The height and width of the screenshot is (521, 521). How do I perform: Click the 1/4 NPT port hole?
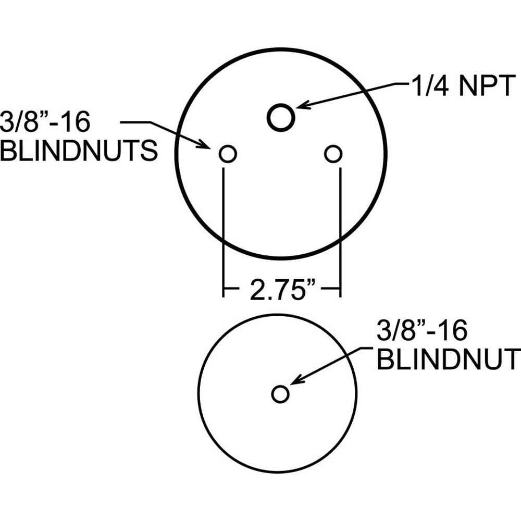pyautogui.click(x=281, y=116)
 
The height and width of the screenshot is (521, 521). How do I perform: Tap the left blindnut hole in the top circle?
pyautogui.click(x=228, y=154)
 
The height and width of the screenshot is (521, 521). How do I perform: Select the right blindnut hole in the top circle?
pyautogui.click(x=333, y=154)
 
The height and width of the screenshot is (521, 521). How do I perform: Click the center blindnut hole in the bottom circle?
pyautogui.click(x=280, y=394)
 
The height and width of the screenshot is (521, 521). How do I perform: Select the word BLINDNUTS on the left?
pyautogui.click(x=79, y=152)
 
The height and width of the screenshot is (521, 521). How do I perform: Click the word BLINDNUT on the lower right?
pyautogui.click(x=446, y=359)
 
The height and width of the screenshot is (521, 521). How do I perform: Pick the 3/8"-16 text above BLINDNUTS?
pyautogui.click(x=46, y=123)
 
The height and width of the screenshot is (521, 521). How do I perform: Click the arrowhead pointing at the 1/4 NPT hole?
pyautogui.click(x=301, y=106)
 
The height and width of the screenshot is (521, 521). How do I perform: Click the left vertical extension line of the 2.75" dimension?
pyautogui.click(x=224, y=229)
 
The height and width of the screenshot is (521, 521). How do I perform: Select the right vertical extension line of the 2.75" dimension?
pyautogui.click(x=340, y=229)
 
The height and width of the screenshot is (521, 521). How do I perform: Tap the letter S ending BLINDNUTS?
pyautogui.click(x=148, y=152)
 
